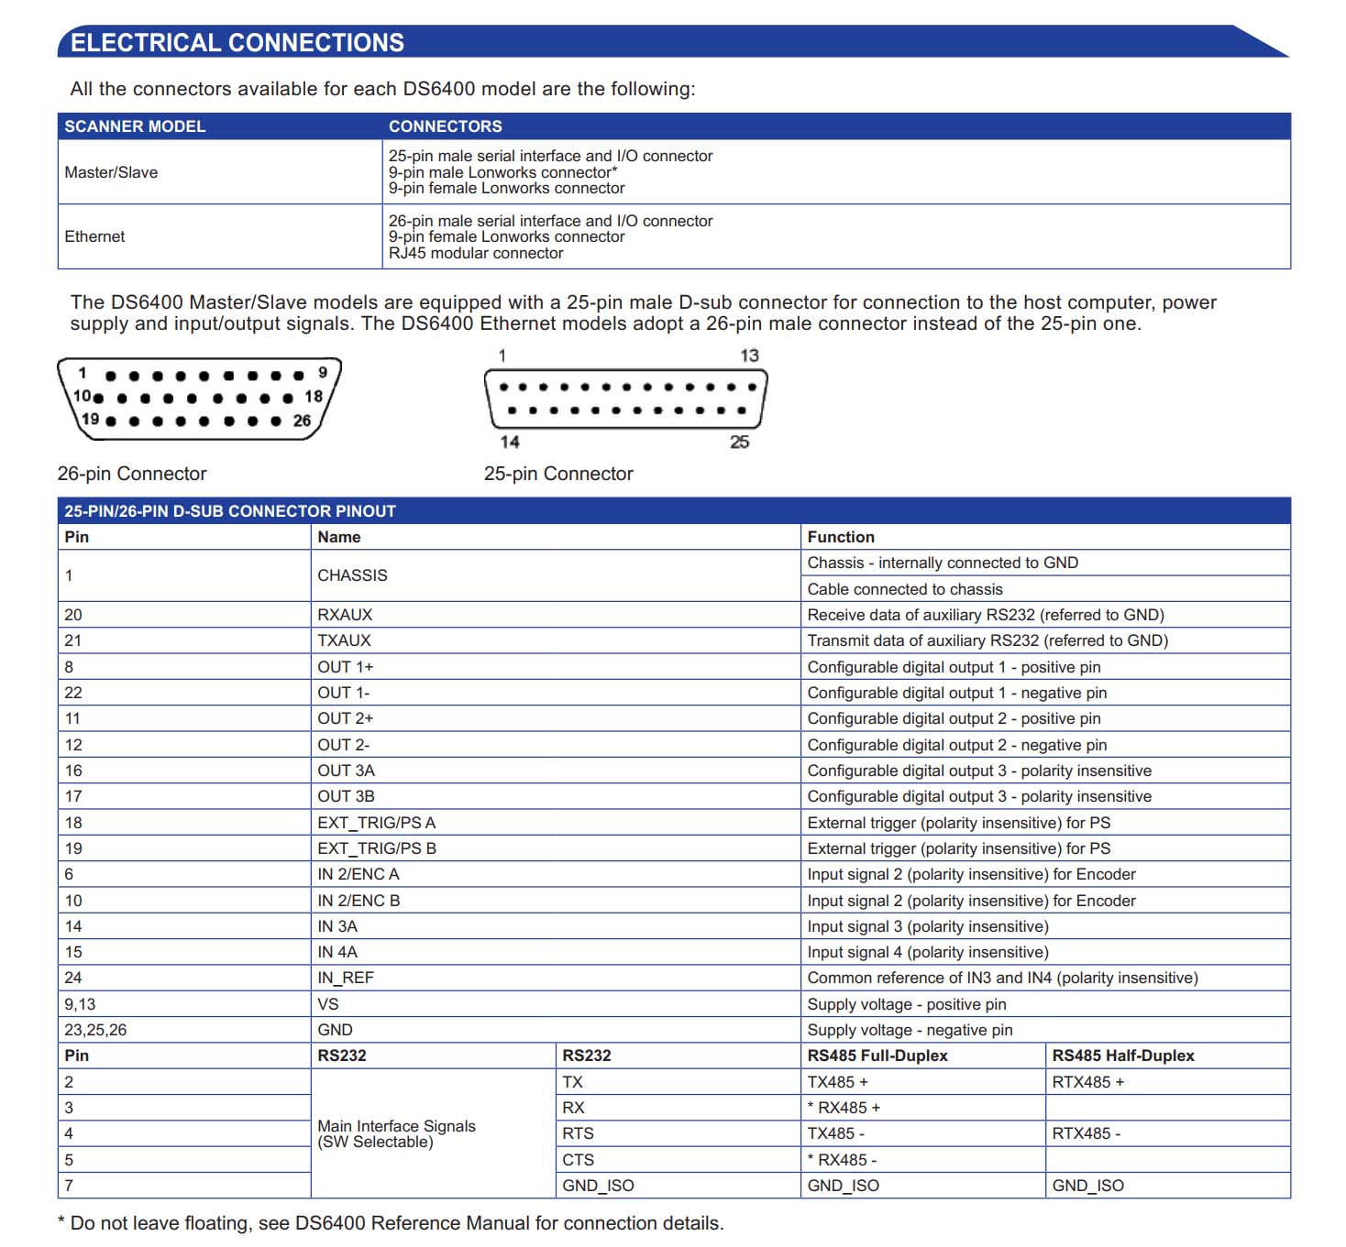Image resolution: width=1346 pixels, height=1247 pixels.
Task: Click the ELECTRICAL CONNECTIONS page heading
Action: pos(237,43)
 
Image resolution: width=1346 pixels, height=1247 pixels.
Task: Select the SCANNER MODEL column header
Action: pos(135,126)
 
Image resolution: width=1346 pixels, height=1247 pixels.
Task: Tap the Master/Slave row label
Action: pos(111,172)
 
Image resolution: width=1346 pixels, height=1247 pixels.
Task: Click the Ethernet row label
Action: pos(94,236)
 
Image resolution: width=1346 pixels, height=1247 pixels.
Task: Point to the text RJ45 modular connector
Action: pos(475,253)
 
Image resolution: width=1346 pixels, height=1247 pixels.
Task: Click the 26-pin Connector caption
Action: pos(132,474)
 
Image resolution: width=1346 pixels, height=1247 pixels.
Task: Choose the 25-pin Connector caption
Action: pos(558,474)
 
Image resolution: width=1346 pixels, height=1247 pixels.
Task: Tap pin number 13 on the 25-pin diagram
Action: pos(749,356)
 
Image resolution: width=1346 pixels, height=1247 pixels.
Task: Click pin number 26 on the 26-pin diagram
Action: pos(302,421)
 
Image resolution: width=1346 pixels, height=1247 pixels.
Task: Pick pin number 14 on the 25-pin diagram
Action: pos(510,442)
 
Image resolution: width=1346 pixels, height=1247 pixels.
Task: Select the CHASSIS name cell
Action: pos(352,575)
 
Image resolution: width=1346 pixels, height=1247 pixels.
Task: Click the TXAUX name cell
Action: pos(344,640)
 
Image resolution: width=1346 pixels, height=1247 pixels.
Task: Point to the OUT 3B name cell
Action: pos(346,796)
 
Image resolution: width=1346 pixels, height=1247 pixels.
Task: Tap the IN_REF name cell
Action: pos(346,978)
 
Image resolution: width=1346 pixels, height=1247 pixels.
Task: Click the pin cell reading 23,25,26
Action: pos(95,1030)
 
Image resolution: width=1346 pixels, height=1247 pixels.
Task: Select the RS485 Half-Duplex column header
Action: pos(1123,1056)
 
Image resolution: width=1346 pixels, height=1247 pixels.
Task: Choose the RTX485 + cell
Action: pos(1087,1082)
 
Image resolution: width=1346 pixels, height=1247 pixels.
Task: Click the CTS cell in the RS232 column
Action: pos(578,1160)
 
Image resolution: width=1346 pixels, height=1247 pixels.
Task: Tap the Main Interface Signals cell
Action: pos(396,1133)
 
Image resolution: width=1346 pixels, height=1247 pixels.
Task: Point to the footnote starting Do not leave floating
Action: pos(396,1223)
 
